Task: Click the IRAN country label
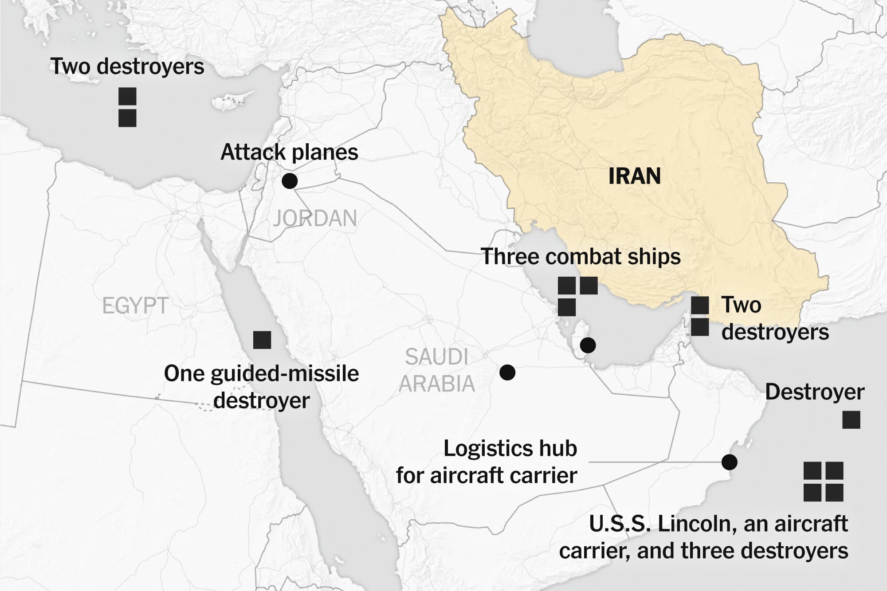point(634,176)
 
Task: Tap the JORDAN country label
point(314,219)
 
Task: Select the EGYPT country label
point(135,306)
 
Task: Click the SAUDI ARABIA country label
point(437,370)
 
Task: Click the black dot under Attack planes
point(290,181)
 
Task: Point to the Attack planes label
point(289,152)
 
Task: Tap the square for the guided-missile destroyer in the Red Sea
point(262,340)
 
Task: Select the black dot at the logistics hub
point(729,462)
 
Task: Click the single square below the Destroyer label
point(851,420)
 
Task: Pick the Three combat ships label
point(581,257)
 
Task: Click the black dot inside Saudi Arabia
point(507,372)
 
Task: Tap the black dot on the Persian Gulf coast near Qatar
point(588,345)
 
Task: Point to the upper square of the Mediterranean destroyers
point(127,97)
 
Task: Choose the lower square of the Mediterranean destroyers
point(127,118)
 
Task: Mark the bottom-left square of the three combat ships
point(566,307)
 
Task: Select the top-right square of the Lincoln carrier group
point(834,471)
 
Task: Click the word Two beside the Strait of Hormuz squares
point(741,305)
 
